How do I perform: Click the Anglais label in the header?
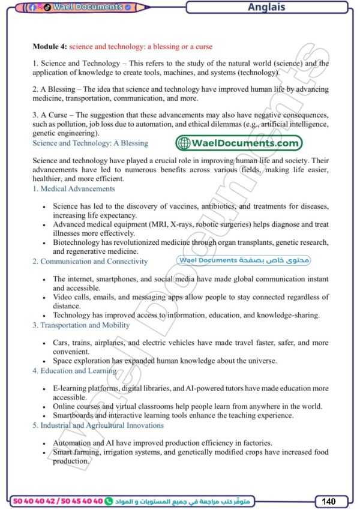[266, 8]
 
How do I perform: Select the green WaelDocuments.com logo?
[239, 143]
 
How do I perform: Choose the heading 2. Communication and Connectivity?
[90, 262]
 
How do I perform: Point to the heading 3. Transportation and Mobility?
[81, 325]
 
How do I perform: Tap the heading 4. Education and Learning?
[74, 371]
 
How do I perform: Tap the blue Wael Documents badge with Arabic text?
[244, 260]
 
